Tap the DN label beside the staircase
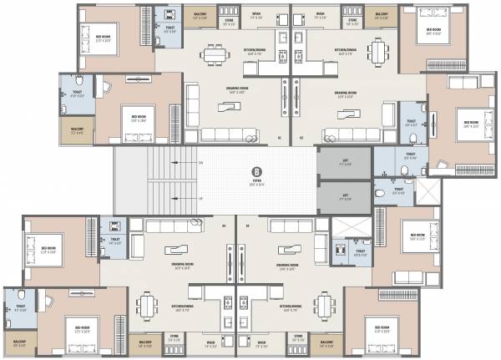coord(200,162)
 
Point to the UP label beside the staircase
coord(200,198)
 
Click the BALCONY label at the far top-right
coord(382,16)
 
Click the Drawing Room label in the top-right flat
coord(346,94)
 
